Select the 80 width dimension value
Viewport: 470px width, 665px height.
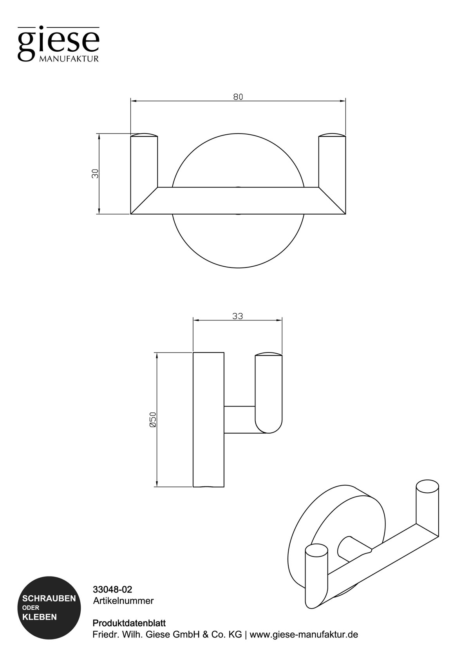[x=238, y=96]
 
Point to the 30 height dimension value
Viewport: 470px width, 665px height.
[x=95, y=173]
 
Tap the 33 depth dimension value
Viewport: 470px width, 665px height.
[x=237, y=316]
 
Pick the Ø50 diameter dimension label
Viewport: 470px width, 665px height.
[x=153, y=419]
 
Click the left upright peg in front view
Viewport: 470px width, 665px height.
[x=144, y=164]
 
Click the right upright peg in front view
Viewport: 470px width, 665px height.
[x=332, y=164]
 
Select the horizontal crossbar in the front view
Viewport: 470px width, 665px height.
[x=238, y=201]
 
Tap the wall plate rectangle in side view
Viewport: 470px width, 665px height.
[x=208, y=419]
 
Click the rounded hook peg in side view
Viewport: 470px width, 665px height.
[x=268, y=392]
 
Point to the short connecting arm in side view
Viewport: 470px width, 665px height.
[x=239, y=419]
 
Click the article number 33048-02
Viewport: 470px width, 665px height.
[x=112, y=589]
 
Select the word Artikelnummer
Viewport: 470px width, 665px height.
[x=123, y=601]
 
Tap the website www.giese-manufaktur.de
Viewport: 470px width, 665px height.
[x=304, y=634]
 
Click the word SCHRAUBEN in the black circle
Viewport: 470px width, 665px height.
[x=49, y=599]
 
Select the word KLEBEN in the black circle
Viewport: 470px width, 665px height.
[x=40, y=617]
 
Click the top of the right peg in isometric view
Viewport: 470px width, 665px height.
[x=427, y=487]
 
